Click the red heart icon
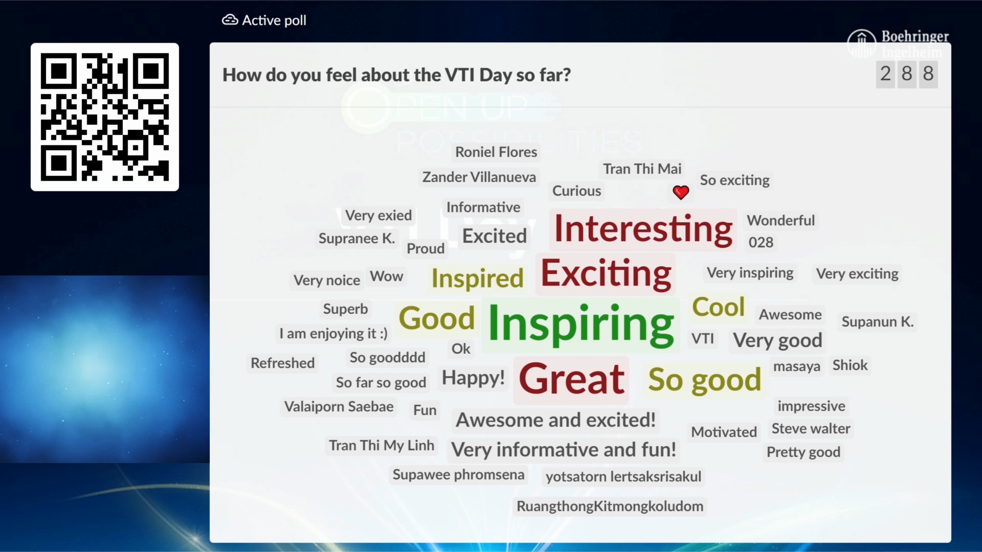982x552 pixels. [681, 192]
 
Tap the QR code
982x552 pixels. [105, 117]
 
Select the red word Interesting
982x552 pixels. [643, 229]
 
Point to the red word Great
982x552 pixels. [571, 379]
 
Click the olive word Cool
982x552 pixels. [718, 307]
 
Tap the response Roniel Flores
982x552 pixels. [496, 152]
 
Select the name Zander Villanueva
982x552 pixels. [479, 177]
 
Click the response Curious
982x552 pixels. [576, 191]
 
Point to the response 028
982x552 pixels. [761, 242]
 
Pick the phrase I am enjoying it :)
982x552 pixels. [333, 334]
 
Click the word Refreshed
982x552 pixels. [282, 363]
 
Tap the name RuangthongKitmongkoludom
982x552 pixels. [610, 507]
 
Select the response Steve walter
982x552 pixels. [811, 428]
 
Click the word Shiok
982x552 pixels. [850, 365]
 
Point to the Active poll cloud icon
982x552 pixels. [230, 20]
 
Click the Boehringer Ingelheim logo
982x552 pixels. [898, 44]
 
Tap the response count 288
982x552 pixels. [907, 74]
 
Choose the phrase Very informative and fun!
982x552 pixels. [564, 450]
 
